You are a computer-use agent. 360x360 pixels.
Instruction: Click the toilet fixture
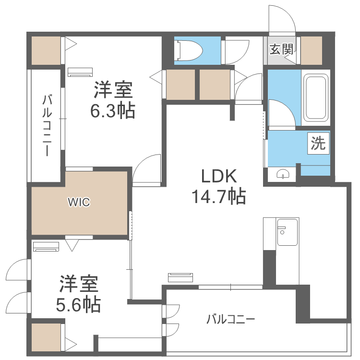coord(188,50)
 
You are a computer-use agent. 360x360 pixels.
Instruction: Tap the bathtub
coord(316,98)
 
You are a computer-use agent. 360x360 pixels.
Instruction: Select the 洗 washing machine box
coord(318,144)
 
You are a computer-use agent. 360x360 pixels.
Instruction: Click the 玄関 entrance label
coord(281,49)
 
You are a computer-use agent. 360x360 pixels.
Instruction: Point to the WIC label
coord(79,202)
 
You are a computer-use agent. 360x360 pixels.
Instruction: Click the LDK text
coord(219,176)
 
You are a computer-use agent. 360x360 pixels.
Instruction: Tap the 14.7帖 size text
coord(219,196)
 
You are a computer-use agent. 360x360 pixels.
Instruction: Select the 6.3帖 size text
coord(112,111)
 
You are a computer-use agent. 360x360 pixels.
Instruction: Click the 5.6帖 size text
coord(78,305)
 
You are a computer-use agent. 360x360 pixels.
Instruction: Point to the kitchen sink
coord(287,232)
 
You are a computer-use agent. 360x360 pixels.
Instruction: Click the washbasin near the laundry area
coord(283,174)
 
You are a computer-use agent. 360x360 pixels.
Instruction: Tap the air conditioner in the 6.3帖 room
coord(80,72)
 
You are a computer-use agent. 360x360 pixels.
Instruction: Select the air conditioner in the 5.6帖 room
coord(46,247)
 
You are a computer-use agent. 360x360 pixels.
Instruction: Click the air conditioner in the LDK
coord(180,277)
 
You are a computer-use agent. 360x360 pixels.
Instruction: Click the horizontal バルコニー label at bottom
coord(230,319)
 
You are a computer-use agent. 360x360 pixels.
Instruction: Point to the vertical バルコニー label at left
coord(47,126)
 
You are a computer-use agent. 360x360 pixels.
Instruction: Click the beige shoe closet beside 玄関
coord(312,50)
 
